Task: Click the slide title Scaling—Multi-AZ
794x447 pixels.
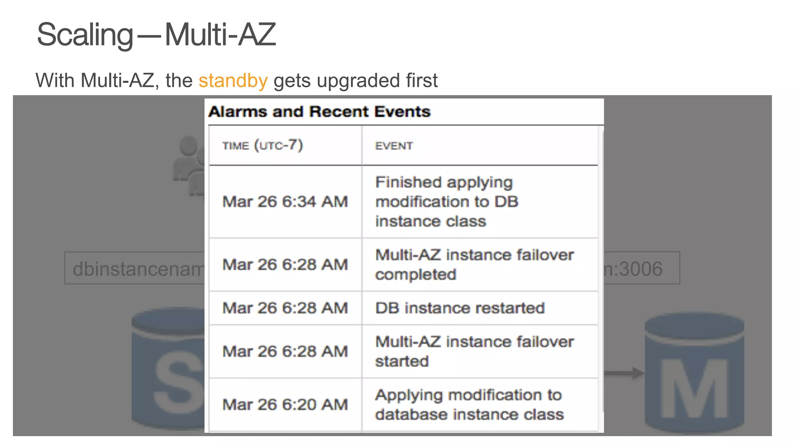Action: click(x=156, y=35)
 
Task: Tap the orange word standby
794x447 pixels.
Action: click(x=233, y=81)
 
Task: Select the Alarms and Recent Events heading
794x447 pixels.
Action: click(x=319, y=112)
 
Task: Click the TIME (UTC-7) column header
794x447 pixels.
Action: click(x=262, y=146)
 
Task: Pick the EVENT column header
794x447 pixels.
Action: click(x=394, y=146)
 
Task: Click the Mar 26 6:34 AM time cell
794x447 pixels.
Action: click(x=285, y=202)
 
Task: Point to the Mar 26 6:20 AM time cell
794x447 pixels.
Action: click(x=285, y=405)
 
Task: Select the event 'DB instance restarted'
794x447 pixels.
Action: click(x=460, y=308)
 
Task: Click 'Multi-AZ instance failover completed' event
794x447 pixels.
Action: click(x=474, y=265)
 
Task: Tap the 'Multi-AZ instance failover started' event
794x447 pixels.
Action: click(x=474, y=352)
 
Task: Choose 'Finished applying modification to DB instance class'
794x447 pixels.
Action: click(x=447, y=202)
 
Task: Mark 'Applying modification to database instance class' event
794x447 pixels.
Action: click(x=469, y=405)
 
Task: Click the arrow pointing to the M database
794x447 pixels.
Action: click(x=623, y=373)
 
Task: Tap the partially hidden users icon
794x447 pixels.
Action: click(x=189, y=165)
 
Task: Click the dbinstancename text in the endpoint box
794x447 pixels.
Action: click(x=138, y=269)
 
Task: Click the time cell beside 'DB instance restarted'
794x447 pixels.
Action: click(x=285, y=308)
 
